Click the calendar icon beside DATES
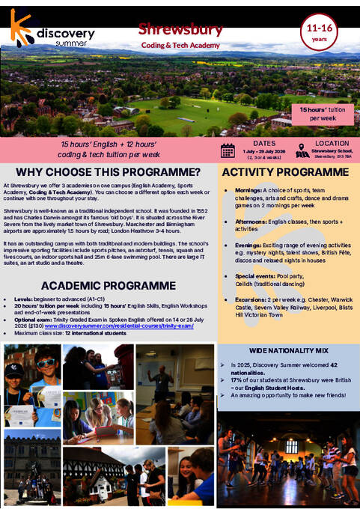[228, 150]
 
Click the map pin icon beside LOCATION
[302, 150]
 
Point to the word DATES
[263, 142]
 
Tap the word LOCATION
[332, 142]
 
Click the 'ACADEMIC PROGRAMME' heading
[109, 286]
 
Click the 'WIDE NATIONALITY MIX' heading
[287, 350]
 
